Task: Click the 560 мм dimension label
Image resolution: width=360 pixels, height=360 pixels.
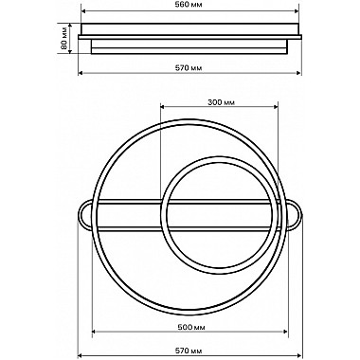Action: point(189,5)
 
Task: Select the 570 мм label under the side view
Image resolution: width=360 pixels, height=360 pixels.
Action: point(189,67)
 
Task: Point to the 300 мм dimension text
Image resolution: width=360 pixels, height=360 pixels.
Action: point(221,102)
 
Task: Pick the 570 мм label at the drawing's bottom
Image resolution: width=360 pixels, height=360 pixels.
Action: point(189,351)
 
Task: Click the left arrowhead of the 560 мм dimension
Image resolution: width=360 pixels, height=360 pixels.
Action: point(84,11)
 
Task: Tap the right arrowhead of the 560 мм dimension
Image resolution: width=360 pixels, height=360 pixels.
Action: point(296,11)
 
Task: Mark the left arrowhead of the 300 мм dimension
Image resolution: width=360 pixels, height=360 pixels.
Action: point(163,107)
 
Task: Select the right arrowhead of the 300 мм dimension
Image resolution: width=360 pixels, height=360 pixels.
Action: point(275,107)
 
